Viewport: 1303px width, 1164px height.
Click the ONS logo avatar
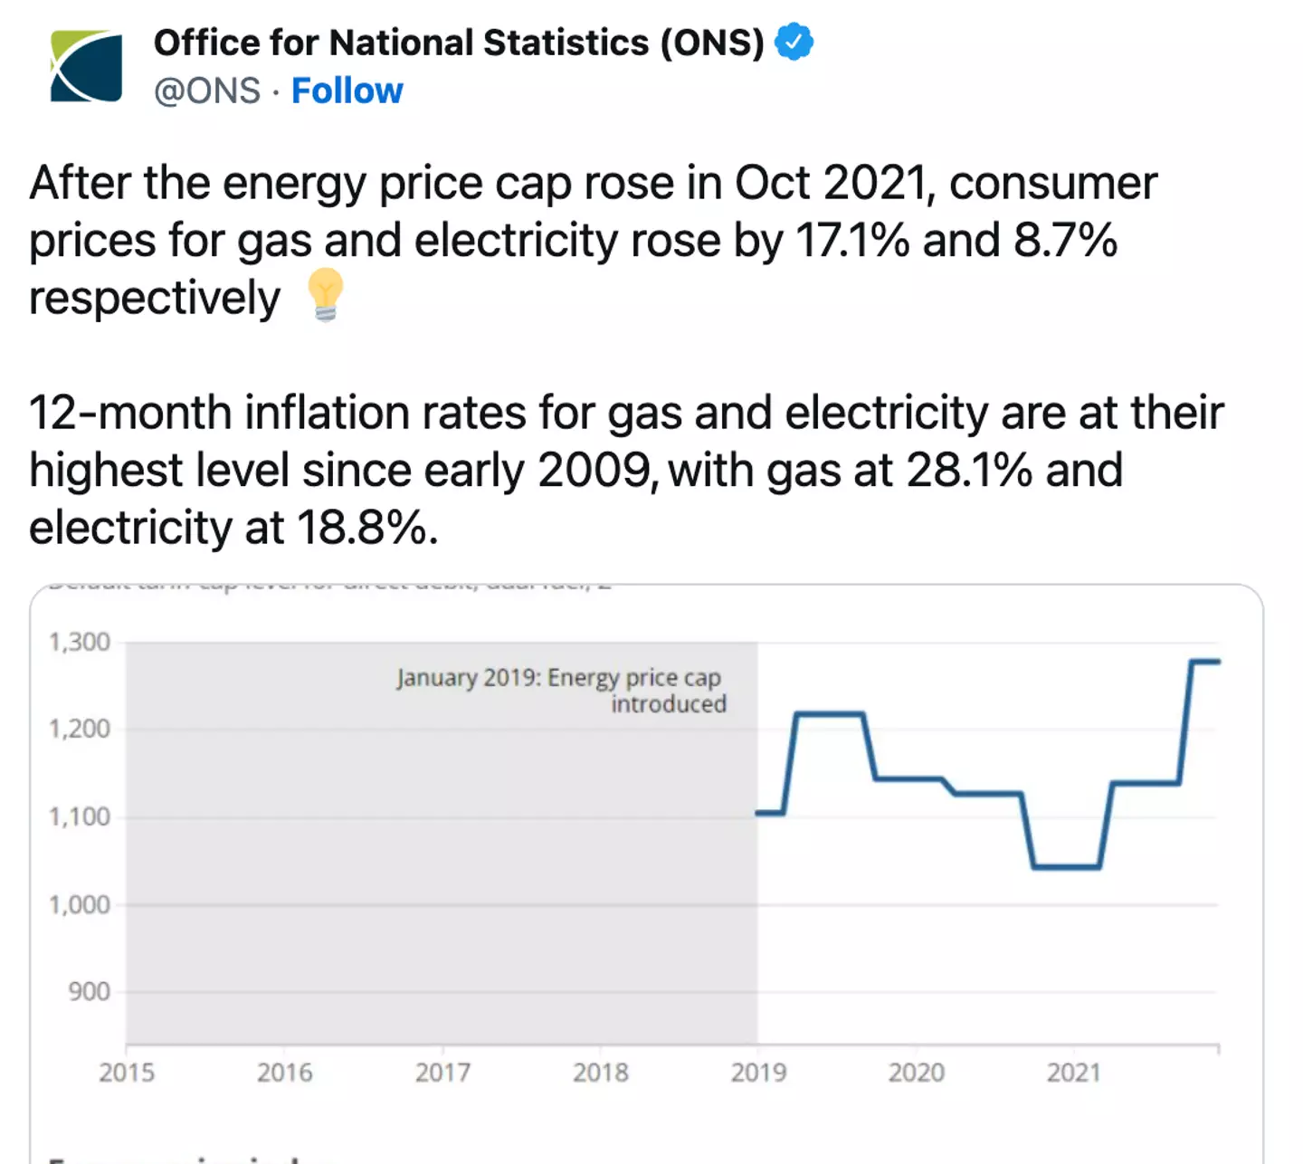click(x=86, y=66)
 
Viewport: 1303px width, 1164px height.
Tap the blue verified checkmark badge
click(x=794, y=42)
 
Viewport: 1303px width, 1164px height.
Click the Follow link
click(x=347, y=91)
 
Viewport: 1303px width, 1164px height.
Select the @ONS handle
click(x=207, y=91)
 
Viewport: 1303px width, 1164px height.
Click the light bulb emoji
click(x=325, y=295)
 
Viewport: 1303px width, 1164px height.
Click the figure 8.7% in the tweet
click(x=1065, y=241)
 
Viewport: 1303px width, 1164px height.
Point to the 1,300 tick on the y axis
click(x=80, y=643)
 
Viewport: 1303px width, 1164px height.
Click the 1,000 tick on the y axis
click(x=80, y=905)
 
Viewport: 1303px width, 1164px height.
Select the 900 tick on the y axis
click(x=89, y=992)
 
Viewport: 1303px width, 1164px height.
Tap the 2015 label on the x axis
click(x=127, y=1073)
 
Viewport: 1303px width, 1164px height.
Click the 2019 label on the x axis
click(x=758, y=1073)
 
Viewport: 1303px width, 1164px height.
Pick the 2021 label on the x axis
click(x=1074, y=1073)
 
